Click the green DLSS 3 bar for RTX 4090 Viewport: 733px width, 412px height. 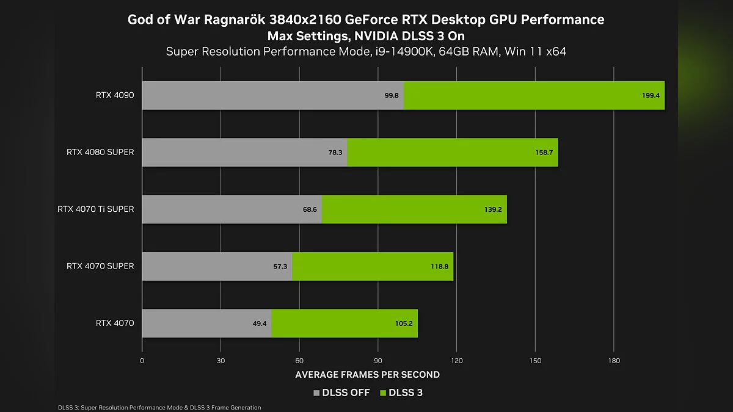click(x=534, y=95)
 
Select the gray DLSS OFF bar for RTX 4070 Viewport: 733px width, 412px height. click(x=206, y=323)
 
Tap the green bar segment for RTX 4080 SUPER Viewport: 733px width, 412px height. click(x=452, y=152)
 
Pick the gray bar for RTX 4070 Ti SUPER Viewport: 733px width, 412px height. click(x=232, y=209)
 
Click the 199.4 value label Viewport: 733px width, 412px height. click(x=651, y=96)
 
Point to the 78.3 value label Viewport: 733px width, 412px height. click(x=335, y=153)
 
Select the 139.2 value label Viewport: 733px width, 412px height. click(x=492, y=209)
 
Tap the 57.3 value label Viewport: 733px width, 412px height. click(x=280, y=267)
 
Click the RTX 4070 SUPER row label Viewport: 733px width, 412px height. click(x=100, y=266)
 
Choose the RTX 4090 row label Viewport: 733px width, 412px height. click(x=115, y=95)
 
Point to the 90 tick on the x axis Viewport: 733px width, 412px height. click(x=378, y=361)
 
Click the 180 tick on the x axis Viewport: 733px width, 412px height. click(x=614, y=361)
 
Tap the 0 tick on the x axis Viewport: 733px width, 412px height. click(x=142, y=361)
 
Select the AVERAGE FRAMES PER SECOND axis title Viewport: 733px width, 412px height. click(x=367, y=374)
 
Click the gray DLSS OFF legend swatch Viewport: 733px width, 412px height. click(x=316, y=393)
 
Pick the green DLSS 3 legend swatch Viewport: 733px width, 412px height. click(x=384, y=393)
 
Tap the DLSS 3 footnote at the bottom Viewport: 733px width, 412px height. click(x=159, y=407)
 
